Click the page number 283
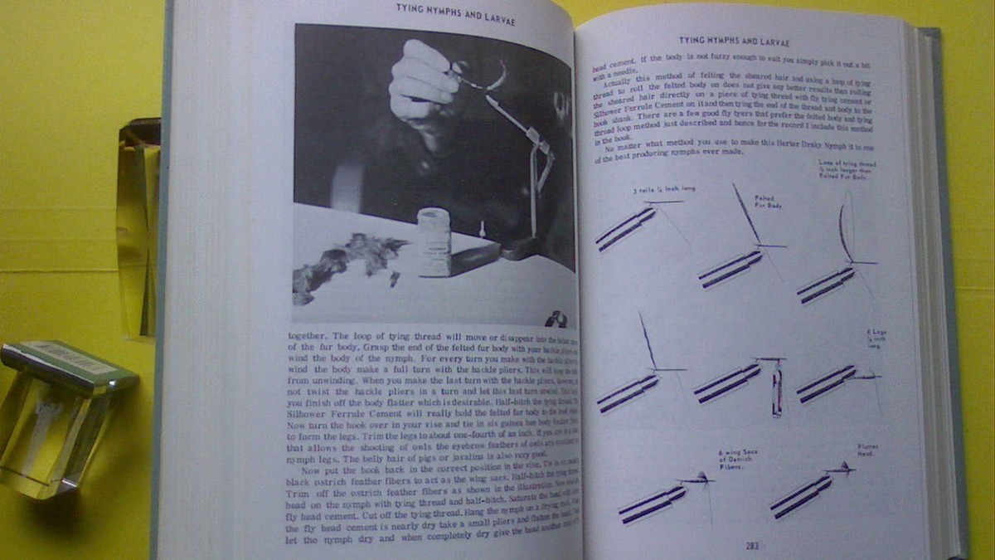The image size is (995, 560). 750,545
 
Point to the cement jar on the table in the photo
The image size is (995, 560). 434,241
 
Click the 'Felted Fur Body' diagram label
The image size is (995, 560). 764,201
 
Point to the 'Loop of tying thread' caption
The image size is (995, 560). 847,170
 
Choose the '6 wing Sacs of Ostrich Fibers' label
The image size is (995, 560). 738,459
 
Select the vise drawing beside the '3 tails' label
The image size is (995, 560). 626,228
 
